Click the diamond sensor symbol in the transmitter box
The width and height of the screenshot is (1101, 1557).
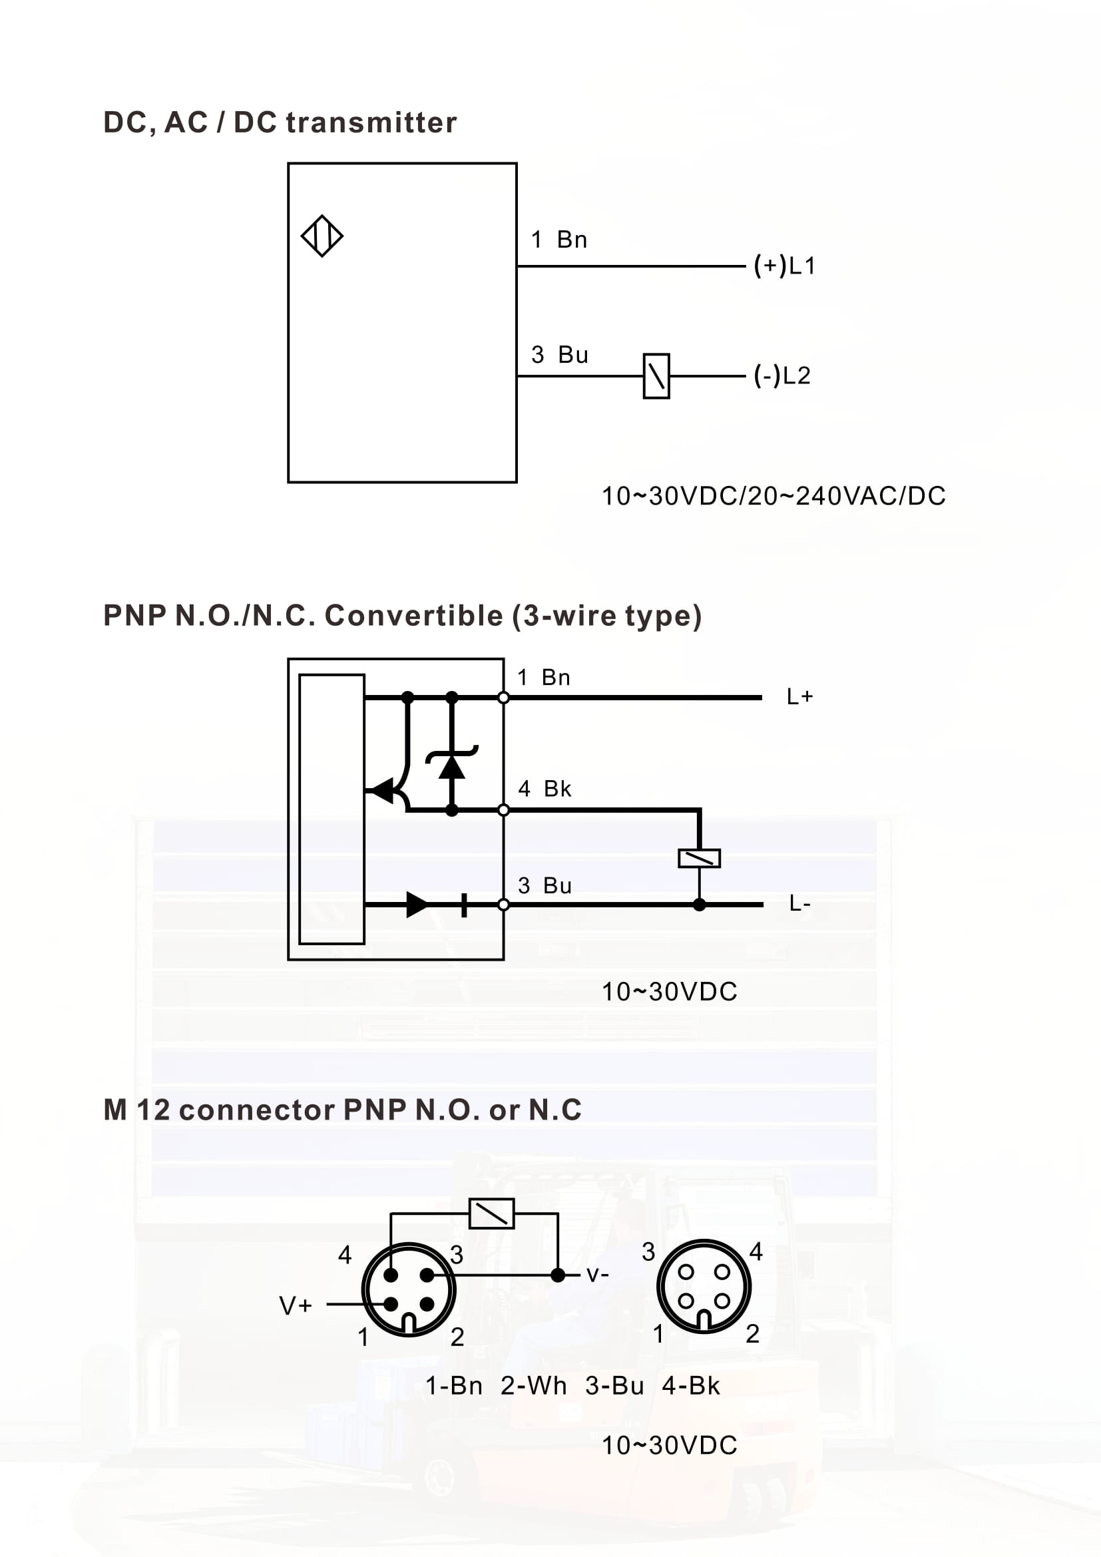point(322,236)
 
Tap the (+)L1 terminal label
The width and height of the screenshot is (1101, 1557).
point(784,265)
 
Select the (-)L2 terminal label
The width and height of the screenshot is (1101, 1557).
point(782,375)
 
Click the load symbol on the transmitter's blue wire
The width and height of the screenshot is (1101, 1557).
point(656,375)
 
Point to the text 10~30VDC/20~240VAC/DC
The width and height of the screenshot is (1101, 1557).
point(773,496)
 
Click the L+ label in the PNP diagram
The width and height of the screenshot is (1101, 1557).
point(800,696)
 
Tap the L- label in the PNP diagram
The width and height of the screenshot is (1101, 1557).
point(800,903)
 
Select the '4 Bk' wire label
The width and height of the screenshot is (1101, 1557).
point(545,789)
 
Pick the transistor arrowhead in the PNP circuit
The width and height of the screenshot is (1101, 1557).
point(383,791)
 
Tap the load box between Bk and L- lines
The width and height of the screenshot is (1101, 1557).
point(699,858)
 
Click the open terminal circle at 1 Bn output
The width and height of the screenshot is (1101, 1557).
point(503,698)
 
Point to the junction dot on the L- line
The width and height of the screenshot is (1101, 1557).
point(699,905)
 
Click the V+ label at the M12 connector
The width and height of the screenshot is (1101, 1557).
point(296,1305)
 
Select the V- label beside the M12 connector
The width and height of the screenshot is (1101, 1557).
point(597,1275)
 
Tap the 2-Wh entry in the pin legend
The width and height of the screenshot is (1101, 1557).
point(534,1385)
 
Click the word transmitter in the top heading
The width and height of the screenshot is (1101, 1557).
point(371,122)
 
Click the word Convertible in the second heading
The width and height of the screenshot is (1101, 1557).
point(413,616)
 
